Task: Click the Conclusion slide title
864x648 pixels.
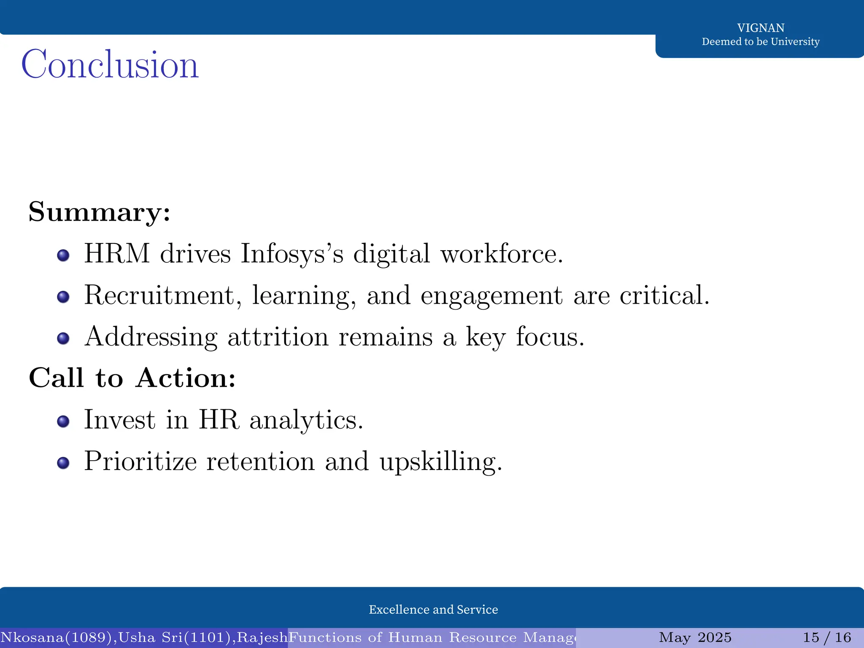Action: coord(110,65)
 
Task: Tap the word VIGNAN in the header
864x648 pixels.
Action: coord(761,28)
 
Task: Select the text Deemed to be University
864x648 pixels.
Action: coord(761,42)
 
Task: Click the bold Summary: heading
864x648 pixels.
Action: coord(100,212)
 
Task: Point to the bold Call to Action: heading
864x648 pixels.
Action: coord(132,378)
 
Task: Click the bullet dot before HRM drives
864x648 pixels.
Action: coord(63,255)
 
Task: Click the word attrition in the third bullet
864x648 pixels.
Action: coord(278,337)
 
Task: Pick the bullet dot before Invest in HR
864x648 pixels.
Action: coord(63,421)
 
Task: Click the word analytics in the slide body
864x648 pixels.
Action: coord(306,420)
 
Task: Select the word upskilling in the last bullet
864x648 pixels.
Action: coord(441,462)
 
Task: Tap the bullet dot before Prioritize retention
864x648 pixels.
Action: coord(63,463)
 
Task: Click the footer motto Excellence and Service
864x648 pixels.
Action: coord(433,610)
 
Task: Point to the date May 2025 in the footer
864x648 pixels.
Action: coord(695,637)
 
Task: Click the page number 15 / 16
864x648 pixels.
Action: coord(826,637)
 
